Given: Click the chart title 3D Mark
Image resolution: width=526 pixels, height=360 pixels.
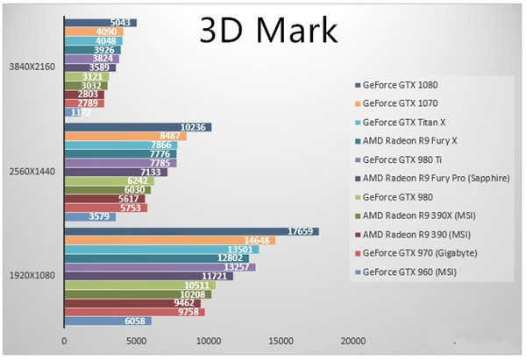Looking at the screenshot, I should click(267, 31).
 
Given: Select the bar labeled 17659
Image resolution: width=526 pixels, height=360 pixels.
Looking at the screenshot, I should click(190, 231).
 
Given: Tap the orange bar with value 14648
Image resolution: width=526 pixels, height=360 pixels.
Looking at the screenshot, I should click(169, 240).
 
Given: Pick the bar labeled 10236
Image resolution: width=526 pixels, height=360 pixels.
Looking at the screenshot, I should click(138, 127).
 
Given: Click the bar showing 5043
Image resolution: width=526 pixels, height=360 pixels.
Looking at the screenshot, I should click(100, 23).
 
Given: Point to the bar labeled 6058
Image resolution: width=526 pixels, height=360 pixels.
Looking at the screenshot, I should click(107, 321).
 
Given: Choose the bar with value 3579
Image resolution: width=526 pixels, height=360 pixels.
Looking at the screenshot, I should click(89, 216).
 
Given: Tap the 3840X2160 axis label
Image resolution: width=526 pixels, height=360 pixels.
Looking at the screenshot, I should click(32, 67).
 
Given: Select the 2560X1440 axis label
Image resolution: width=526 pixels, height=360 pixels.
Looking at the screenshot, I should click(32, 172).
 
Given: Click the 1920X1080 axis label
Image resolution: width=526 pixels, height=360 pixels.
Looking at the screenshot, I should click(32, 276).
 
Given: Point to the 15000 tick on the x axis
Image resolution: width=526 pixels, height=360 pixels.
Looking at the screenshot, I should click(281, 342).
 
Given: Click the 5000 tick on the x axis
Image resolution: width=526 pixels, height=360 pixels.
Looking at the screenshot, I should click(136, 342).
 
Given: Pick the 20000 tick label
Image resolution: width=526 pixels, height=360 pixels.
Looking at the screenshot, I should click(352, 342).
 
